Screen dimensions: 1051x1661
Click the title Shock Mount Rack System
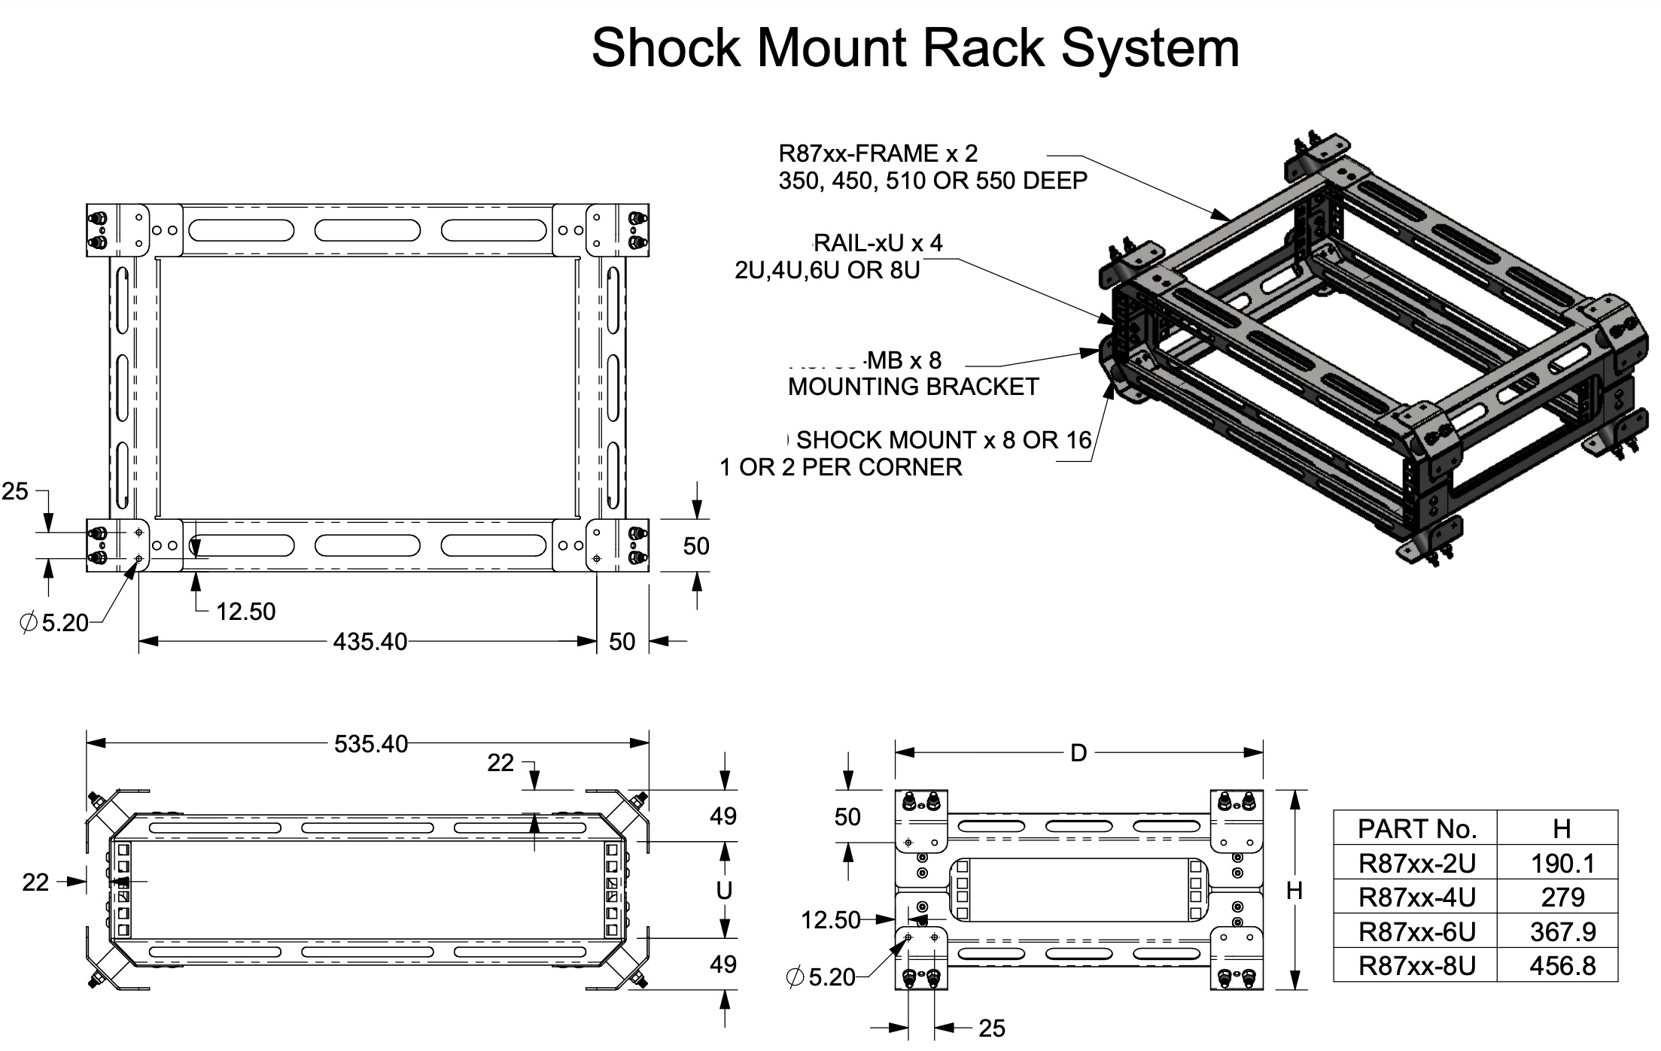[915, 48]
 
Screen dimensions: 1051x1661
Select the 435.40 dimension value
[370, 642]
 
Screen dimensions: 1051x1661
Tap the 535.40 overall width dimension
[370, 744]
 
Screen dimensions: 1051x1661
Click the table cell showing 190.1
[1562, 864]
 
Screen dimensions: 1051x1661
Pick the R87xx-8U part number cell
[1416, 966]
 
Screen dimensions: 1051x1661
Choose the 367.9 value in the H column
[1562, 932]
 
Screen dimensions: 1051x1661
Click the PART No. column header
[1416, 829]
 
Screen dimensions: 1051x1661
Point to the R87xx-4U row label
[1416, 898]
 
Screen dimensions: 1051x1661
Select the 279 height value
[1562, 898]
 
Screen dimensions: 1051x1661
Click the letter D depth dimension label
[1078, 753]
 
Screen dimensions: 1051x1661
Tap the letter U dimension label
[724, 891]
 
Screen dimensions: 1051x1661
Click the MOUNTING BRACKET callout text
[913, 387]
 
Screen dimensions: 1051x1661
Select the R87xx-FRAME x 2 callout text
[878, 153]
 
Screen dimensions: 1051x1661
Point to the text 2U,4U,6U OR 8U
[827, 270]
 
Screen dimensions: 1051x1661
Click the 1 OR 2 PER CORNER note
[841, 467]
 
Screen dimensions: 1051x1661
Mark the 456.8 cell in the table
[1562, 966]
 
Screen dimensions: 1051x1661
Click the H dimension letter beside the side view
[1294, 891]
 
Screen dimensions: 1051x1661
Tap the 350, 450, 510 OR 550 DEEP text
[932, 181]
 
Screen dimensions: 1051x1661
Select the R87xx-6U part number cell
[1416, 932]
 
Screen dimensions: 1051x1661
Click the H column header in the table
[1562, 829]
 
